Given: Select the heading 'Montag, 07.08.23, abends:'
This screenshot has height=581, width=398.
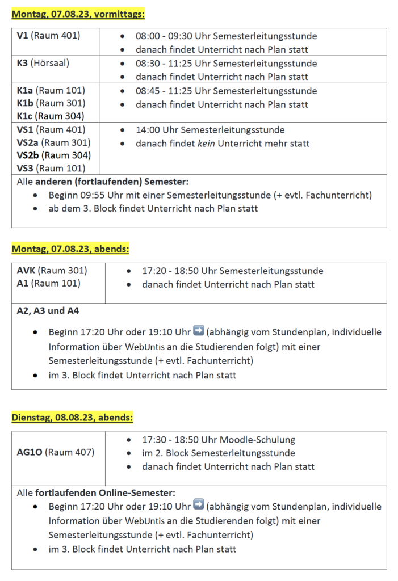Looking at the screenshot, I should click(x=70, y=249).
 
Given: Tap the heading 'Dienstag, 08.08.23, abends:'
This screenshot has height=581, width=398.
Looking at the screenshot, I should click(x=73, y=418).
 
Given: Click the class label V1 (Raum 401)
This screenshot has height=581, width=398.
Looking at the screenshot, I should click(x=48, y=36).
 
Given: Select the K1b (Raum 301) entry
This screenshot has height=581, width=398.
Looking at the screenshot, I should click(x=51, y=103).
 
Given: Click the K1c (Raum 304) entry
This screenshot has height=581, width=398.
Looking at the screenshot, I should click(x=51, y=116).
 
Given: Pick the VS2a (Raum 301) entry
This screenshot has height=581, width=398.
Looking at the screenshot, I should click(x=54, y=142).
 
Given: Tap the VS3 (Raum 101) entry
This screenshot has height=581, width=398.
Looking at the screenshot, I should click(x=51, y=168).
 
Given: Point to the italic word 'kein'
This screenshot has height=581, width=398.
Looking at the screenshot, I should click(x=203, y=144).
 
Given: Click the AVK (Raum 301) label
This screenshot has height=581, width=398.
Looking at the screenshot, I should click(x=52, y=271).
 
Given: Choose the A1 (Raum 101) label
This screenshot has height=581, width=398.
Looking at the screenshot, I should click(x=48, y=283).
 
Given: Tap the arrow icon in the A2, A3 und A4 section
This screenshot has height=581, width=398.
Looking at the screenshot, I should click(x=199, y=331).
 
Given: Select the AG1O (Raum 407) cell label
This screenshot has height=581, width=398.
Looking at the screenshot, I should click(x=56, y=452).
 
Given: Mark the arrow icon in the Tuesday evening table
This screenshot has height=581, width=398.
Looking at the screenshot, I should click(x=199, y=505).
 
